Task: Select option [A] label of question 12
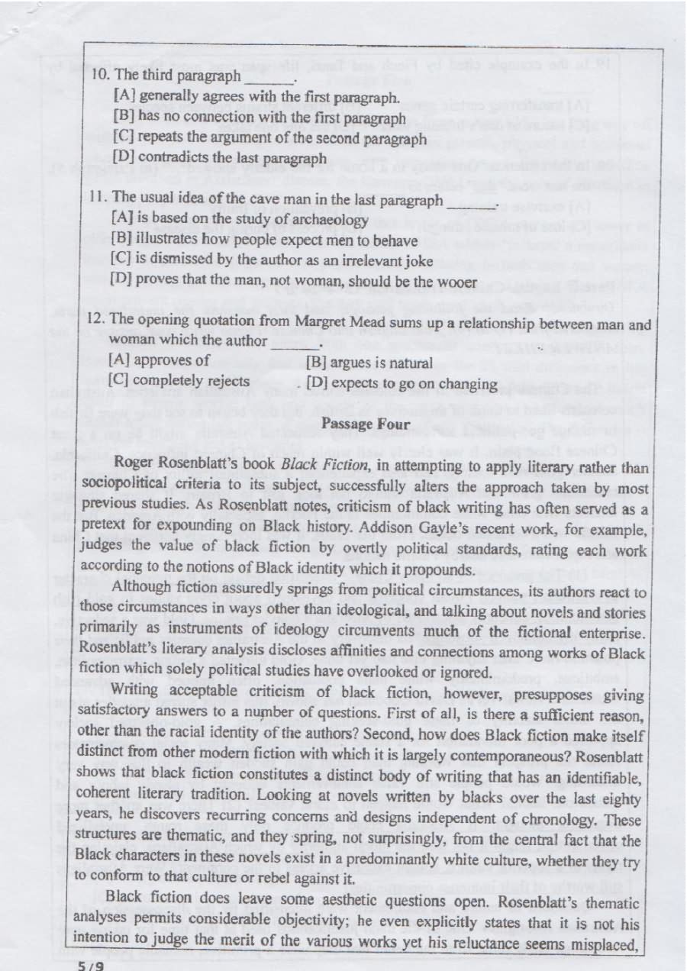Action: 120,360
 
